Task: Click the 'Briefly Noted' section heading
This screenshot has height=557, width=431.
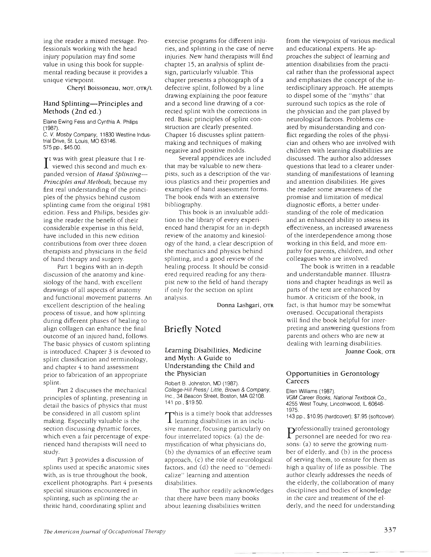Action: (193, 329)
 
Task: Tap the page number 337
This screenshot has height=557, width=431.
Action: (389, 530)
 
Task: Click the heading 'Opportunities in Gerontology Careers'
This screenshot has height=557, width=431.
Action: (332, 377)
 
